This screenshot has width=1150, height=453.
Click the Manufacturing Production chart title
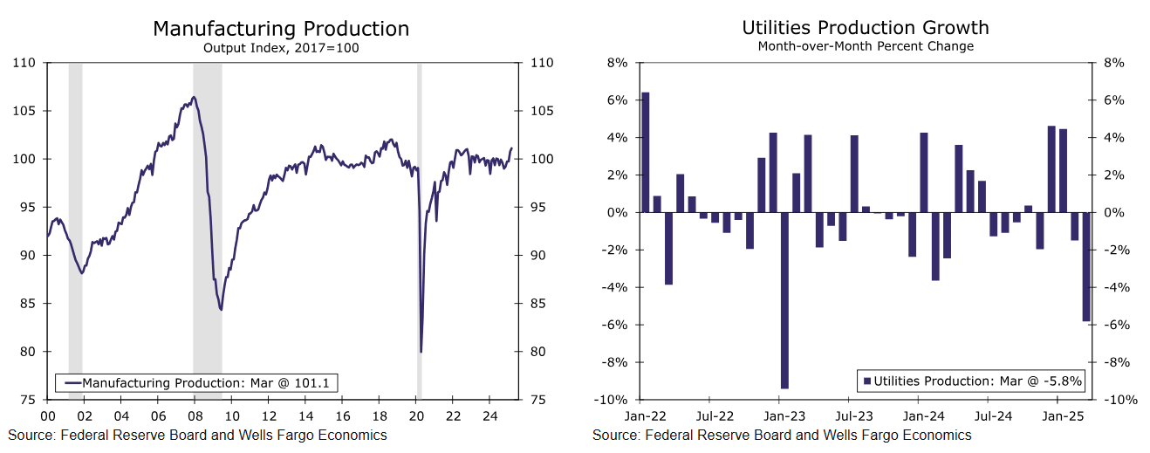[280, 28]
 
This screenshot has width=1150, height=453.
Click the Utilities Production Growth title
[865, 28]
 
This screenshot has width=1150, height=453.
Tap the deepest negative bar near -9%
[784, 300]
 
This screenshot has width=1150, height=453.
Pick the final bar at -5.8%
[1086, 266]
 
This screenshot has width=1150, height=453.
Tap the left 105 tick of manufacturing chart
[26, 111]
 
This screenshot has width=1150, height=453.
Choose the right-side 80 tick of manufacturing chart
[535, 352]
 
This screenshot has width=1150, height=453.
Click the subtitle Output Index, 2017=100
[280, 48]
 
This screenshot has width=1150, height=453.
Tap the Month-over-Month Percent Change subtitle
[865, 46]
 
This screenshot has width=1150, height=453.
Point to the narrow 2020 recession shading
[419, 227]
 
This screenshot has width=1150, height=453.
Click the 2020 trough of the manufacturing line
[421, 351]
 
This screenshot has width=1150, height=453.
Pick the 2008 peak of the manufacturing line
[194, 97]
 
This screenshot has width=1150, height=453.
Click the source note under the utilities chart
[782, 435]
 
